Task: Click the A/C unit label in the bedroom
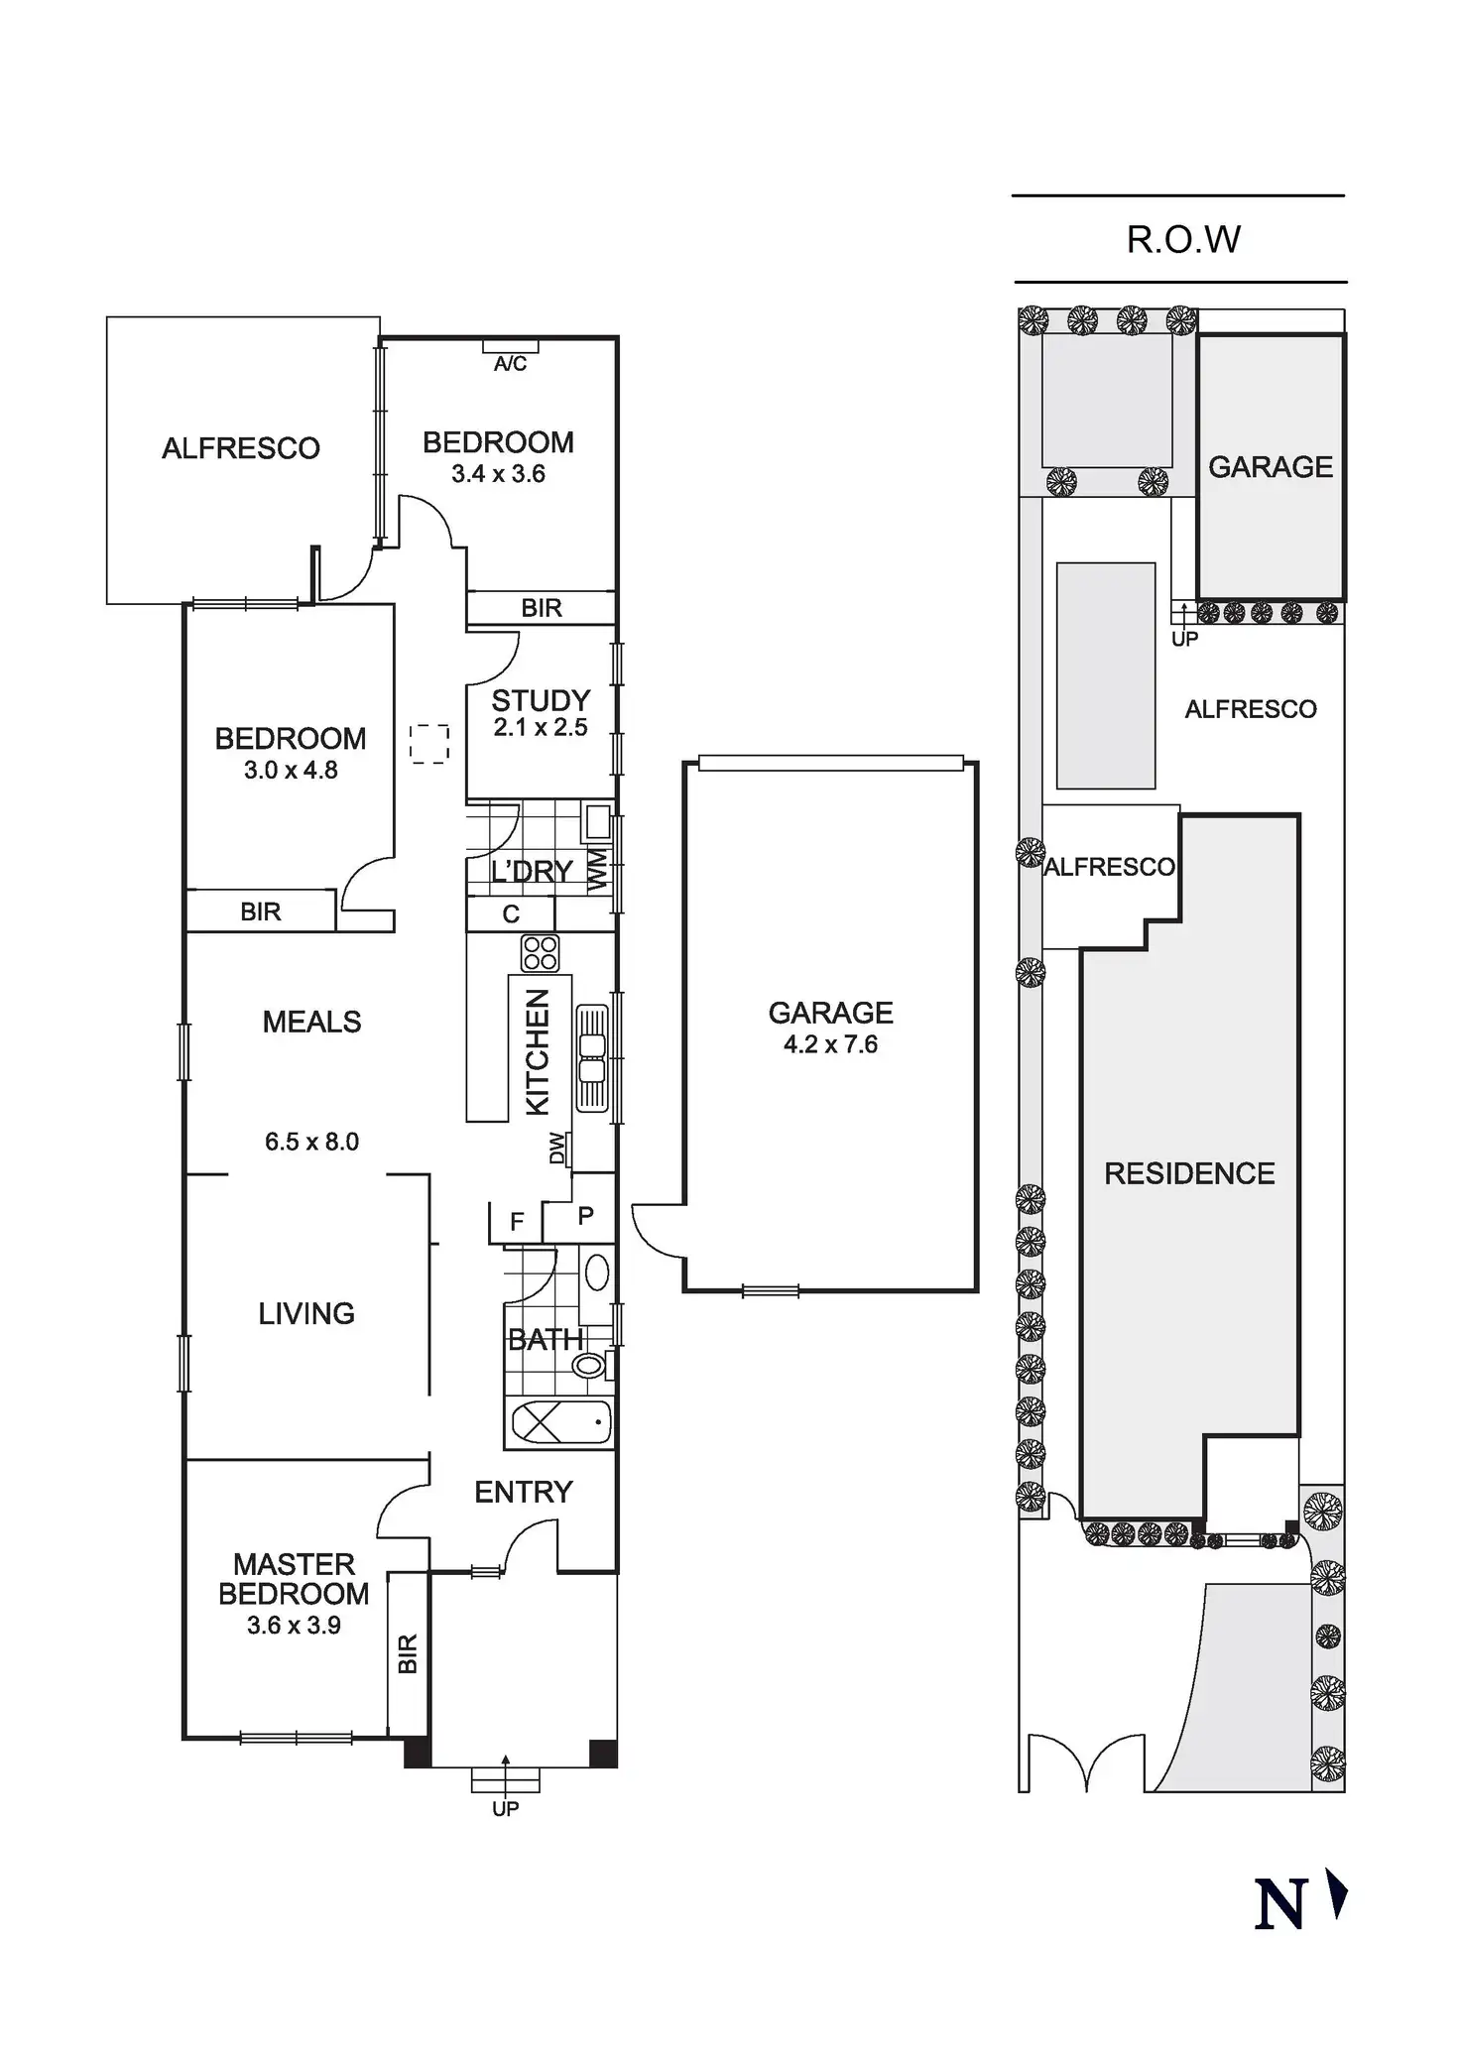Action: click(510, 364)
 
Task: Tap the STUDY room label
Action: click(541, 700)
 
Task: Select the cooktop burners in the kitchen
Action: click(541, 953)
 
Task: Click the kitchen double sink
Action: click(592, 1057)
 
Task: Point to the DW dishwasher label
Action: click(557, 1149)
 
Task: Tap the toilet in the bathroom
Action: click(589, 1365)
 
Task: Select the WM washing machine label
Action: click(597, 871)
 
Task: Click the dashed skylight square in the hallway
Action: click(429, 744)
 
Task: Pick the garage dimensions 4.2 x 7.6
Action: click(830, 1043)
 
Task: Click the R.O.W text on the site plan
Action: click(1183, 239)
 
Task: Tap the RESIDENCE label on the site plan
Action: click(1189, 1173)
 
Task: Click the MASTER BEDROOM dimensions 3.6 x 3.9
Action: click(294, 1625)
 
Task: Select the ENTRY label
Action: click(523, 1492)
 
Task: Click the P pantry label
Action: click(585, 1215)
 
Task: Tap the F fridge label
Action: click(516, 1222)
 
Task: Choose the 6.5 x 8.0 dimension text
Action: click(311, 1142)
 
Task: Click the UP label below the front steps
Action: click(505, 1808)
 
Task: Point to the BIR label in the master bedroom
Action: click(408, 1654)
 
